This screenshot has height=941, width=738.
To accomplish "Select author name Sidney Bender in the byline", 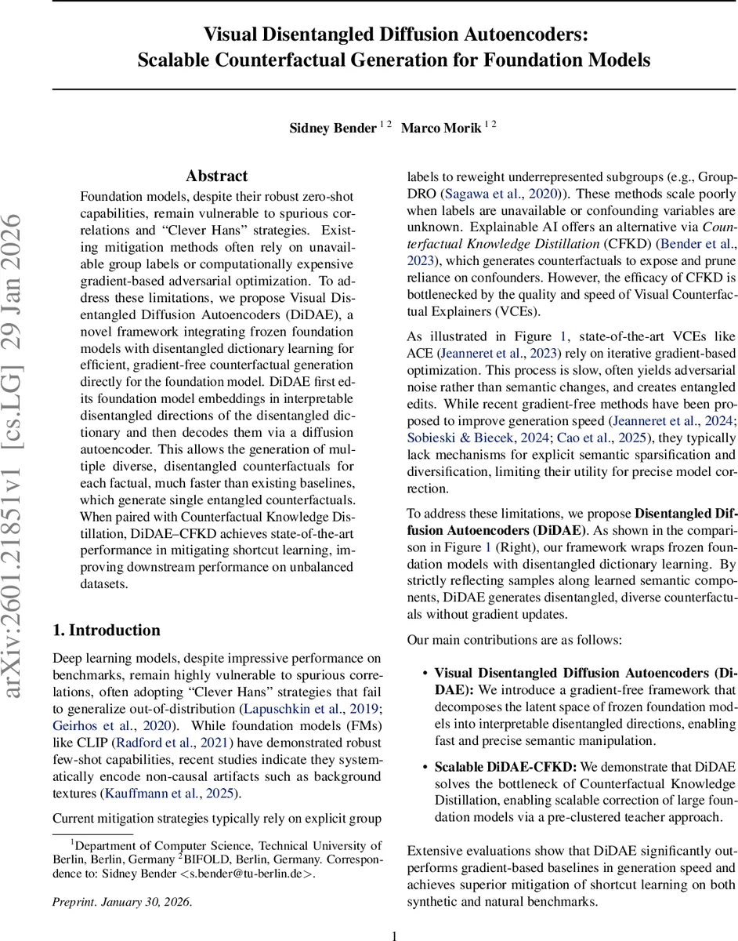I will click(333, 128).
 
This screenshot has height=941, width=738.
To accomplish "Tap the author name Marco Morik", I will click(441, 128).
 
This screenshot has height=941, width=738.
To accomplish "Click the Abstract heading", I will click(217, 176).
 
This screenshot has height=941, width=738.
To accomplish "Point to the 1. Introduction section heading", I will click(106, 630).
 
